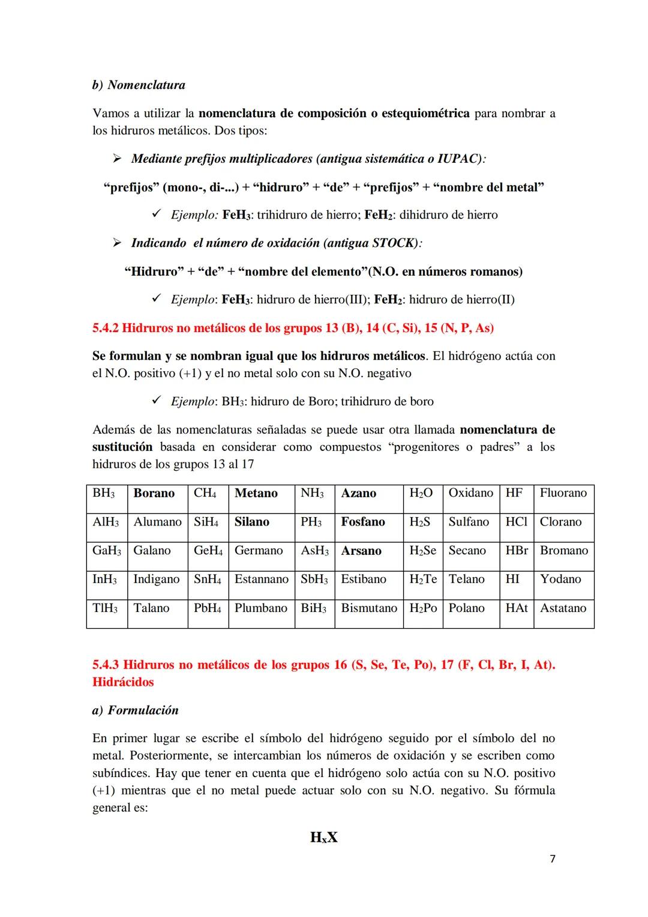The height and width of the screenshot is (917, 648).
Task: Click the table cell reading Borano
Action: tap(154, 494)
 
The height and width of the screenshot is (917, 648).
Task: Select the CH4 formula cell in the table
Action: tap(208, 494)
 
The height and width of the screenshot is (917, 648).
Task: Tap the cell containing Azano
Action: tap(359, 494)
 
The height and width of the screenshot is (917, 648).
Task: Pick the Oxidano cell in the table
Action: tap(471, 493)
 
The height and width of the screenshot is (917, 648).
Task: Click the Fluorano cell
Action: tap(563, 493)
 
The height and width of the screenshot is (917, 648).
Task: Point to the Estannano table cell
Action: tap(261, 580)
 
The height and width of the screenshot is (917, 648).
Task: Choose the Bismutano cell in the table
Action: tap(369, 608)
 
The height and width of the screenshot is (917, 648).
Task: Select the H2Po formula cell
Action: tap(423, 608)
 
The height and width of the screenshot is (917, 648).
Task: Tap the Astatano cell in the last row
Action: tap(563, 608)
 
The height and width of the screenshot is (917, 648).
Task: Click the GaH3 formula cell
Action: tap(107, 551)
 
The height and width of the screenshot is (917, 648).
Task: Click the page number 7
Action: tap(552, 859)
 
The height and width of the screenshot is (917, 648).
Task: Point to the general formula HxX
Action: tap(323, 837)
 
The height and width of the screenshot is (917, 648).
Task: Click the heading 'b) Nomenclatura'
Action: tap(139, 85)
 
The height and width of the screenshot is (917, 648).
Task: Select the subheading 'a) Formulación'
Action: tap(135, 710)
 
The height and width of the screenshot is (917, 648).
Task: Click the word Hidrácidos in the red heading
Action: tap(123, 682)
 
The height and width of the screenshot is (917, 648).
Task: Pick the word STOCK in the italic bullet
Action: tap(394, 243)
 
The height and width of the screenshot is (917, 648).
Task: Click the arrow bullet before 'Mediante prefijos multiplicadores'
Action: tap(117, 159)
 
